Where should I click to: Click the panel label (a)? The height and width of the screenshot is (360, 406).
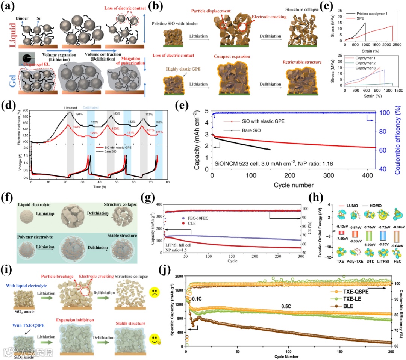pos(8,8)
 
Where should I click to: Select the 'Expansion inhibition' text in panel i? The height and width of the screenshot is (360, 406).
pos(83,309)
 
